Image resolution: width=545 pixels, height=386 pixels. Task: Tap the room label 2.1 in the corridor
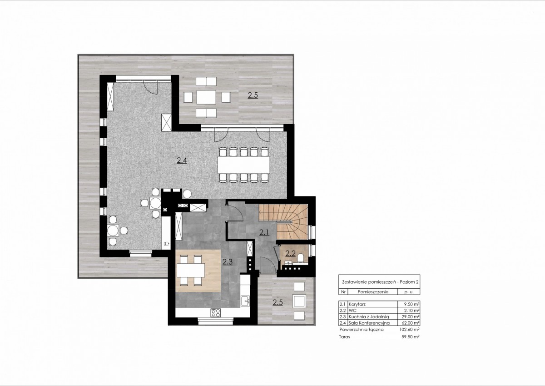point(264,232)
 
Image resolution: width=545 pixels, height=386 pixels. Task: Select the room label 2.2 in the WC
point(291,254)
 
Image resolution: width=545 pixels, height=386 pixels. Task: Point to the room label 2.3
point(228,262)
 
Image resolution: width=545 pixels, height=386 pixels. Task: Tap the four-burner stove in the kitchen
point(216,312)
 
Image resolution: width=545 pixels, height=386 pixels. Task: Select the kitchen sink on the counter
point(245,301)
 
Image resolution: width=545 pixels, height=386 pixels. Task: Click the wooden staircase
point(283,221)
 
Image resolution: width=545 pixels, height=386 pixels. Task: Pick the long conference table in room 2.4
point(244,165)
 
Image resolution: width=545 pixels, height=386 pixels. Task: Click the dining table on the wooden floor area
point(191,270)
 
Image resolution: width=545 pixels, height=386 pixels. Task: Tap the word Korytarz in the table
point(357,304)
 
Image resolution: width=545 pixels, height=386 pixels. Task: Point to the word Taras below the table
point(344,337)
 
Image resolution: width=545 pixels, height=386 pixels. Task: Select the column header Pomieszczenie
point(373,292)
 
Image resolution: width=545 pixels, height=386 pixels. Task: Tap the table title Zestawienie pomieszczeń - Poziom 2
point(380,282)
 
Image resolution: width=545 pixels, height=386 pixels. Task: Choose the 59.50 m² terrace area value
point(411,337)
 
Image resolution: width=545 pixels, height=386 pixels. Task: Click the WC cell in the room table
point(352,311)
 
